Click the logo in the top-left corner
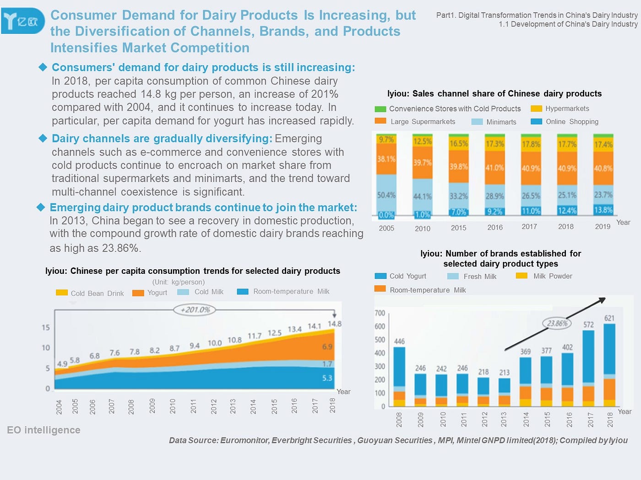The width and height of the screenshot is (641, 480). tap(23, 21)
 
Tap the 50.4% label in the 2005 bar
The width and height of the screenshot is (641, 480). tap(386, 195)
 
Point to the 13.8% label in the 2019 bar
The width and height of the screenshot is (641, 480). tap(603, 210)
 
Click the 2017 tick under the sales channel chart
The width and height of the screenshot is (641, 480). tap(529, 227)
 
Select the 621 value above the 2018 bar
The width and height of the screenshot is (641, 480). tap(609, 318)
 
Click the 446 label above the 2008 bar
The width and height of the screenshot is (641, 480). tap(399, 341)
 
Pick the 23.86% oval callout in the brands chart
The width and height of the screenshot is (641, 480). tap(557, 323)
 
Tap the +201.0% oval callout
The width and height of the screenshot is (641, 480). tap(195, 310)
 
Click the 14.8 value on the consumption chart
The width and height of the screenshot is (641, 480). tap(334, 324)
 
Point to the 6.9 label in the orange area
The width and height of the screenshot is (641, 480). tap(327, 347)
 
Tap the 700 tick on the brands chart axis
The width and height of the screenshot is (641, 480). tap(380, 313)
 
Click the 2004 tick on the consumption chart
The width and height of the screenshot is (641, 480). tap(59, 407)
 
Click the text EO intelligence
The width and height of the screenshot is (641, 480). tap(43, 430)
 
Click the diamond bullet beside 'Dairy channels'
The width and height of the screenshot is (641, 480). tap(43, 138)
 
